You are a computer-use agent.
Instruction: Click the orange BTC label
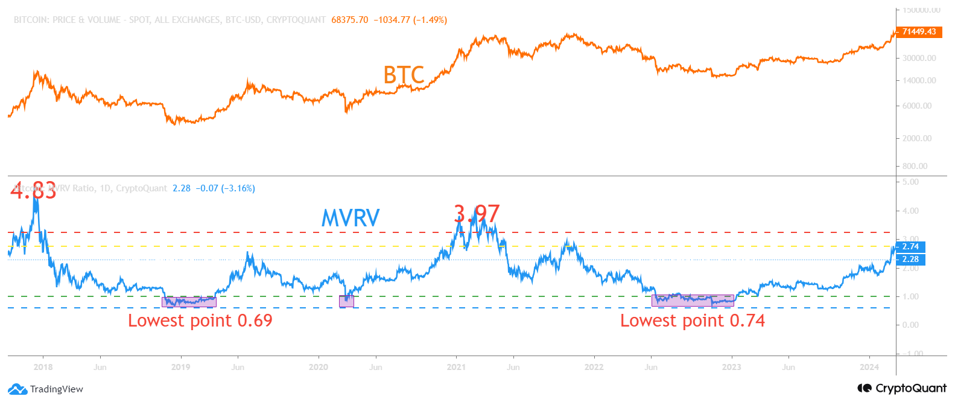(x=404, y=75)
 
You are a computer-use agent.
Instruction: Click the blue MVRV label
(x=351, y=218)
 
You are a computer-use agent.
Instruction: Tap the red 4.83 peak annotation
(x=33, y=190)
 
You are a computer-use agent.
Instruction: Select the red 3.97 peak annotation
(x=477, y=214)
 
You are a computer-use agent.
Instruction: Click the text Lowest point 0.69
(x=200, y=321)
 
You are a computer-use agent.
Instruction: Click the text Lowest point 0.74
(x=692, y=321)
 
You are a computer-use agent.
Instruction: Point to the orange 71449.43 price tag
(x=919, y=31)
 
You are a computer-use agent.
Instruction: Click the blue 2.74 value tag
(x=910, y=246)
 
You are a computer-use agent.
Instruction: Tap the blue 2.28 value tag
(x=910, y=259)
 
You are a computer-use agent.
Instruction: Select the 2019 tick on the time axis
(x=180, y=367)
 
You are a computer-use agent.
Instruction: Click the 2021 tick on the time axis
(x=456, y=367)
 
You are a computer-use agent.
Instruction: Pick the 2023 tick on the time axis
(x=731, y=367)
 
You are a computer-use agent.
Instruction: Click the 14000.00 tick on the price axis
(x=919, y=80)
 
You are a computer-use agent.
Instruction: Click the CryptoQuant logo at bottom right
(x=902, y=388)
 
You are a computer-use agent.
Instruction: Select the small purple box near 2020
(x=346, y=301)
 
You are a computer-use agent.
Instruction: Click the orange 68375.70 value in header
(x=349, y=20)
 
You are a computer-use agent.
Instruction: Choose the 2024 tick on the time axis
(x=869, y=367)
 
